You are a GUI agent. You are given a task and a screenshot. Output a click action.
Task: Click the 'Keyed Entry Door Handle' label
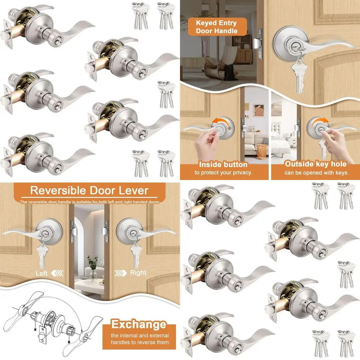[x=216, y=27]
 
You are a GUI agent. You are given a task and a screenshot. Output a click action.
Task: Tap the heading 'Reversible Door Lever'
[x=89, y=190]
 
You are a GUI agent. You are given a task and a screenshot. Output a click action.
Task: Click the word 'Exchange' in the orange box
[x=139, y=324]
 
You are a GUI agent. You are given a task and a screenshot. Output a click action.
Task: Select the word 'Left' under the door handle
[x=41, y=273]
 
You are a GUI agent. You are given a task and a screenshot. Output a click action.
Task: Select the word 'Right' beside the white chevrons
[x=138, y=273]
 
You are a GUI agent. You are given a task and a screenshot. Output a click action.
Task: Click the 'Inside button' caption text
[x=223, y=165]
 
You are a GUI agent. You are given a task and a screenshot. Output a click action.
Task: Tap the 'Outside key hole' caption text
[x=316, y=164]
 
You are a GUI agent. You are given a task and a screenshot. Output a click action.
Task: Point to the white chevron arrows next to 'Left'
[x=57, y=273]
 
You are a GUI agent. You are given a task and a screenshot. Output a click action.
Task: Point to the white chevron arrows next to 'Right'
[x=121, y=273]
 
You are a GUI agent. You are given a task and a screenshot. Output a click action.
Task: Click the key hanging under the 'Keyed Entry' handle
[x=298, y=76]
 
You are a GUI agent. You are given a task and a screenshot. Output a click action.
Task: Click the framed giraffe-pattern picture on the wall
[x=259, y=111]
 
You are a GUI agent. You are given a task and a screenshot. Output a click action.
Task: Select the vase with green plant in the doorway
[x=93, y=268]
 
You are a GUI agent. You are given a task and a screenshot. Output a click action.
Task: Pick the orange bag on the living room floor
[x=261, y=152]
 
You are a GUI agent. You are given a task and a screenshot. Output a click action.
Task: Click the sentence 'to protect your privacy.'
[x=224, y=173]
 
